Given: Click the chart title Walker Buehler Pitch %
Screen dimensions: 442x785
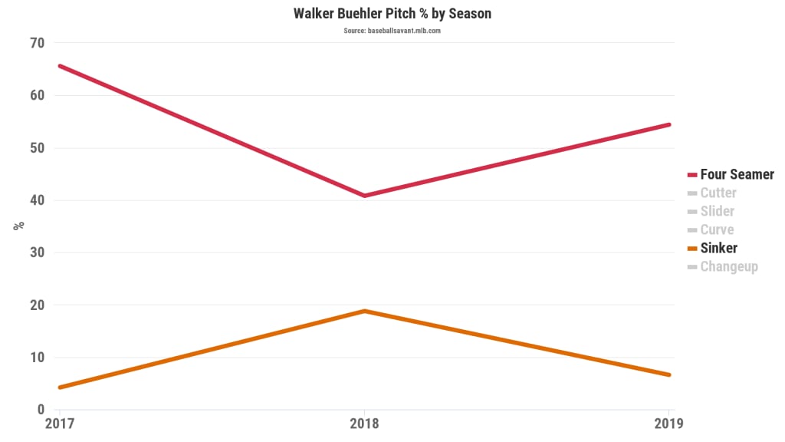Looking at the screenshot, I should tap(392, 14).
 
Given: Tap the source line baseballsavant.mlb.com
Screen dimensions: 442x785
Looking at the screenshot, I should tap(392, 31).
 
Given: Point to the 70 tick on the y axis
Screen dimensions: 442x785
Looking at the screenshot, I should tap(37, 43).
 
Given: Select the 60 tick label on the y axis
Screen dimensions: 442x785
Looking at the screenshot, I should tap(37, 96).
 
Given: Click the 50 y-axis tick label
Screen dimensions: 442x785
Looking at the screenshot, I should tap(37, 148).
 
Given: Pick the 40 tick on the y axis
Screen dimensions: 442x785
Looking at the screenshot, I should tap(37, 200).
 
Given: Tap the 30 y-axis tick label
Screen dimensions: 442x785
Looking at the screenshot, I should tap(37, 252).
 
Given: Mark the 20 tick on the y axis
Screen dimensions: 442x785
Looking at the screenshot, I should tap(37, 305).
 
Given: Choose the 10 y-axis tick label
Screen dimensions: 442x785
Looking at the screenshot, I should tap(37, 357).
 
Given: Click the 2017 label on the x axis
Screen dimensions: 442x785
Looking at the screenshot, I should tap(59, 423).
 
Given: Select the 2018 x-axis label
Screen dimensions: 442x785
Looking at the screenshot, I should tap(364, 423).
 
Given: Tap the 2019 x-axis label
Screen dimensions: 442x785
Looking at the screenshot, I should tap(668, 423).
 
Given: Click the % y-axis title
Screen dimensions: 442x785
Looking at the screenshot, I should tap(19, 226).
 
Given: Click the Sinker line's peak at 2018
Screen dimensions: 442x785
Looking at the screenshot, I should tap(364, 311).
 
